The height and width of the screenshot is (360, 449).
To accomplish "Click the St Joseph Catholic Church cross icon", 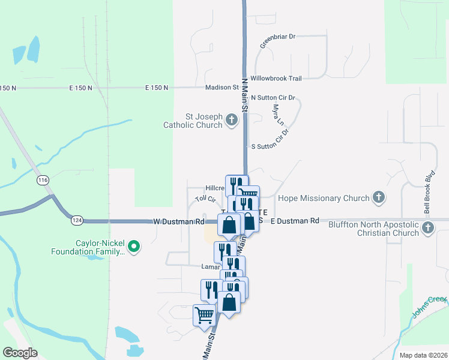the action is (232, 121).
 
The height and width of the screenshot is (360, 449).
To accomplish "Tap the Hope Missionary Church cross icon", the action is (378, 197).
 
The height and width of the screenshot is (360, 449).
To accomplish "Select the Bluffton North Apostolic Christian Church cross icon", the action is (427, 227).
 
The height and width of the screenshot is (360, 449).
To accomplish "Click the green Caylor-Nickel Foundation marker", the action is (134, 245).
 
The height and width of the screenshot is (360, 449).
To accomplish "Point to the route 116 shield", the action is (42, 180).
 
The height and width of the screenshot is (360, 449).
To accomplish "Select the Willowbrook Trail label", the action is (276, 78).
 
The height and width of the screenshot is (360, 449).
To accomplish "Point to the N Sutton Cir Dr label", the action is (274, 97).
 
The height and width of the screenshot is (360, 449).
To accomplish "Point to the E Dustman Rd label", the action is (295, 221).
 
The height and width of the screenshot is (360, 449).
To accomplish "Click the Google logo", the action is (20, 353).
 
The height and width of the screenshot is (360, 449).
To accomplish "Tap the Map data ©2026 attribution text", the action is (423, 355).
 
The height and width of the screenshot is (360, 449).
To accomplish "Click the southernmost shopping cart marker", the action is (205, 314).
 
